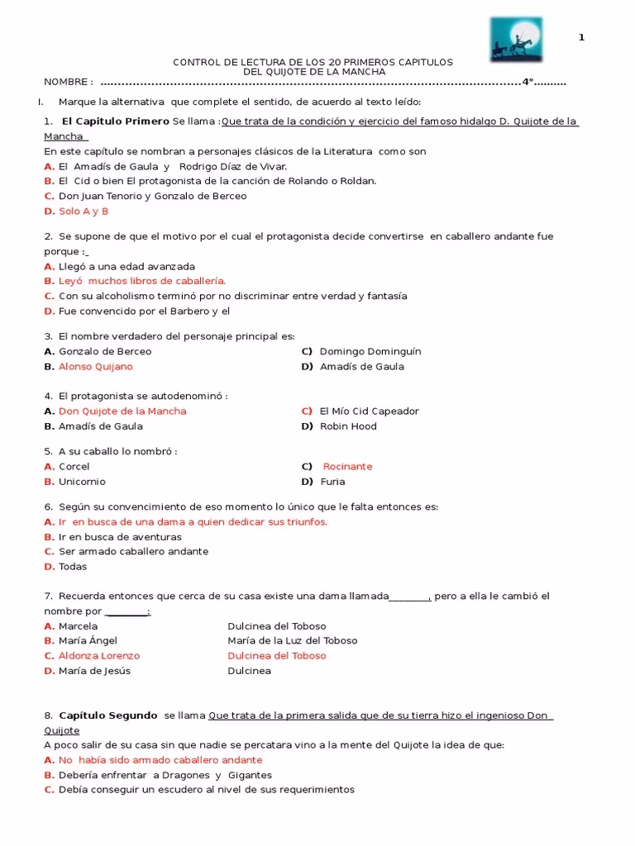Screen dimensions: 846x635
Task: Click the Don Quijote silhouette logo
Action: (x=516, y=39)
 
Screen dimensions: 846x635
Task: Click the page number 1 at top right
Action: (x=581, y=38)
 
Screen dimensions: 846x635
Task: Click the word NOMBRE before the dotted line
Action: (x=68, y=82)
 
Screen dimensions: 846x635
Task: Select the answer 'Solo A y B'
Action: (x=84, y=211)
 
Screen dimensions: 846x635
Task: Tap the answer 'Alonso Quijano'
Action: (x=95, y=366)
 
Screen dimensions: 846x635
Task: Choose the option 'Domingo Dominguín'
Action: (x=370, y=351)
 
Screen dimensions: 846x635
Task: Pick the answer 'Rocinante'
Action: (x=347, y=466)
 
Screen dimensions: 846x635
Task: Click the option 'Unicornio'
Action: (x=82, y=482)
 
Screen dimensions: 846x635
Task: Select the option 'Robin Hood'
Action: (x=347, y=426)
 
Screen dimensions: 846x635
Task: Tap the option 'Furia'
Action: (x=332, y=482)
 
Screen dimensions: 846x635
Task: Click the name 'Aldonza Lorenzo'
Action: (x=99, y=656)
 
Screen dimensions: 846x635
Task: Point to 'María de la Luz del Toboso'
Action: (x=292, y=640)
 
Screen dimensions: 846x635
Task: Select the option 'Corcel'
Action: (x=74, y=467)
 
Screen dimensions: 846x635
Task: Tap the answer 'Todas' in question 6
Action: (x=73, y=567)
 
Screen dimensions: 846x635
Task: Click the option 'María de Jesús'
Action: (x=94, y=671)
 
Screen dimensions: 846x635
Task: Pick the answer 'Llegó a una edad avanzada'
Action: (x=127, y=266)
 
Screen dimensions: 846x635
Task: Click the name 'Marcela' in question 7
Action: (x=78, y=625)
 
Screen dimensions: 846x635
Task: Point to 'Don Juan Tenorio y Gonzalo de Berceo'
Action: (x=152, y=196)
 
